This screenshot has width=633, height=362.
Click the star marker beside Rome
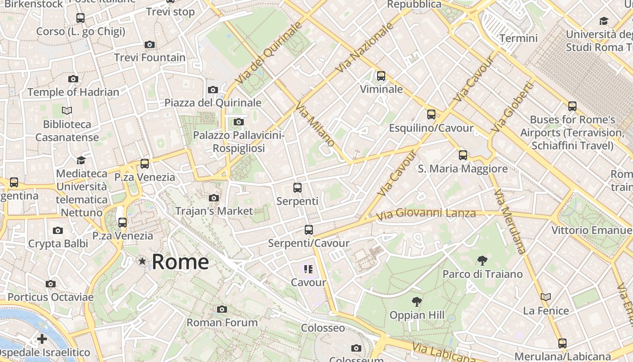click(x=142, y=261)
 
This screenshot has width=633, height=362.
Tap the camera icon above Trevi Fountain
click(x=150, y=44)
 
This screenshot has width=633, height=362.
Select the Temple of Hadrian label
click(x=73, y=92)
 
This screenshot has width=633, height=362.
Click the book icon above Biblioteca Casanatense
click(x=67, y=110)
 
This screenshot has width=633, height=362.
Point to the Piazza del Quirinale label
click(x=213, y=103)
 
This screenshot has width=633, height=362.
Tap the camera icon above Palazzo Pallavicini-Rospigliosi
click(x=239, y=122)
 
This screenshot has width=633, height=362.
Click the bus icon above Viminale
click(x=381, y=76)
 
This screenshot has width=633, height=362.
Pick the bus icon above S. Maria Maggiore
click(x=463, y=155)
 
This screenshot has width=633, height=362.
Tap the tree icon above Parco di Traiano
click(x=482, y=260)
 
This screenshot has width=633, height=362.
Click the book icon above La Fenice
click(x=546, y=297)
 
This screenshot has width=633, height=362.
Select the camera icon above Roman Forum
click(x=222, y=309)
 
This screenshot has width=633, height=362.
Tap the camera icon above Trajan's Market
click(x=214, y=198)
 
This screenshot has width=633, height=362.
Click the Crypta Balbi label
click(x=58, y=243)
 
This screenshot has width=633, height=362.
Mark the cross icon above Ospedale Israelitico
click(x=42, y=338)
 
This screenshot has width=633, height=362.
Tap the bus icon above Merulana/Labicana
click(x=562, y=343)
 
